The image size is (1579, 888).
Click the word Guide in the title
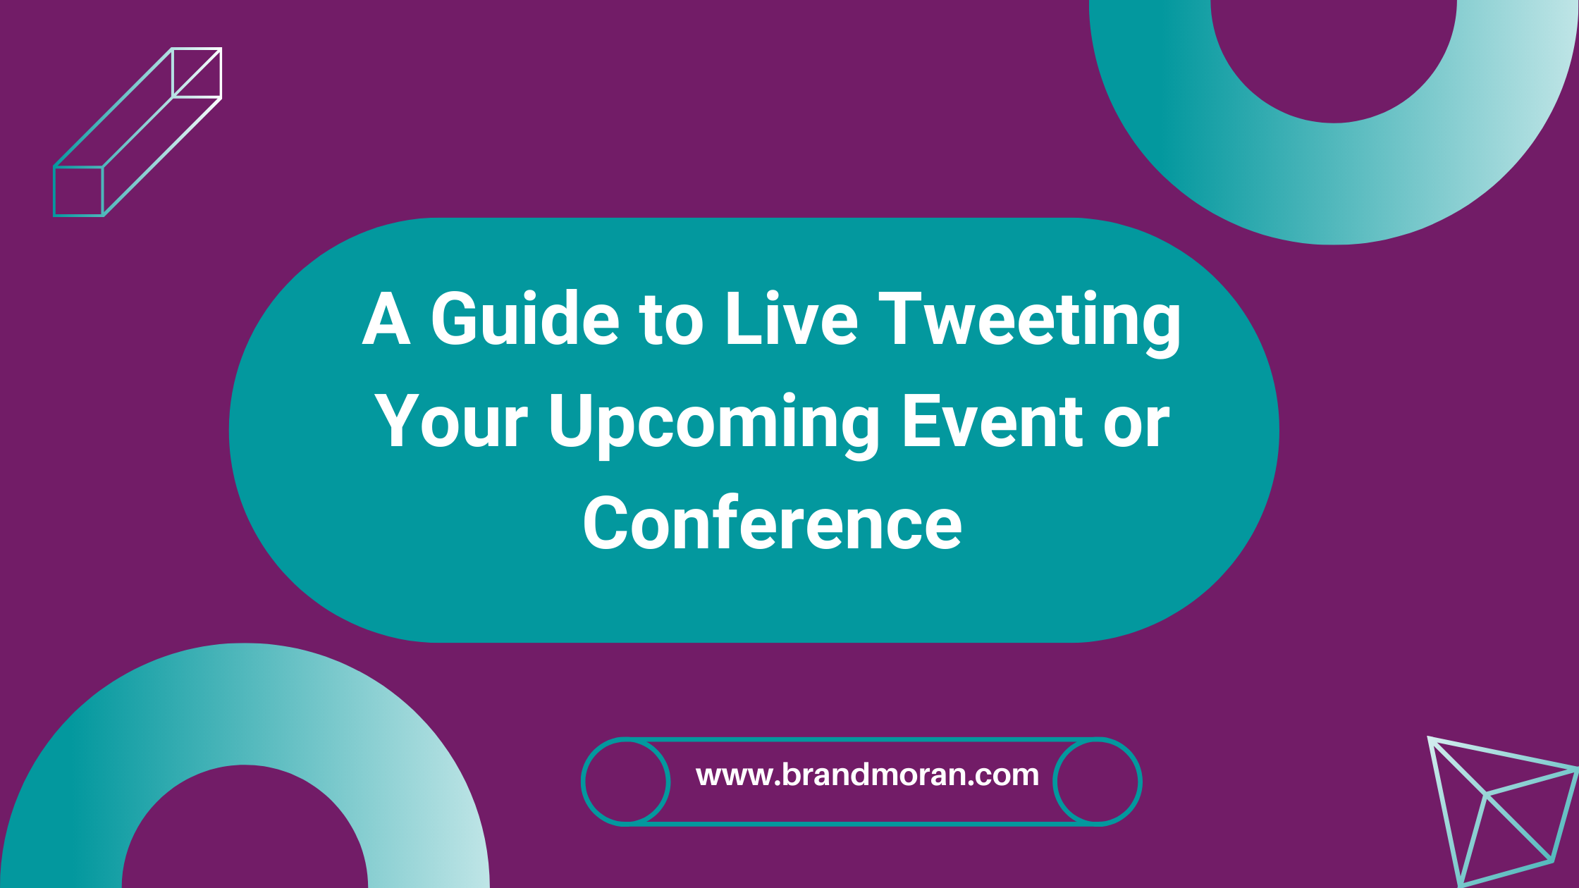pyautogui.click(x=525, y=319)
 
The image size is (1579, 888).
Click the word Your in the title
pyautogui.click(x=451, y=421)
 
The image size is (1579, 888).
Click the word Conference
pyautogui.click(x=772, y=523)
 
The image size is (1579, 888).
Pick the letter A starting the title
pyautogui.click(x=386, y=319)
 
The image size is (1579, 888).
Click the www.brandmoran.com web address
pyautogui.click(x=867, y=775)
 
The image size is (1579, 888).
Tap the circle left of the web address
pyautogui.click(x=626, y=781)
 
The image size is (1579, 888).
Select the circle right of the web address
pyautogui.click(x=1097, y=781)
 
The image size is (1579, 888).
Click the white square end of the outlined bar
pyautogui.click(x=197, y=73)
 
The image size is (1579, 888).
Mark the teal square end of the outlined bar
pyautogui.click(x=79, y=191)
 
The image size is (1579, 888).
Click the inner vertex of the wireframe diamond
pyautogui.click(x=1486, y=794)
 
